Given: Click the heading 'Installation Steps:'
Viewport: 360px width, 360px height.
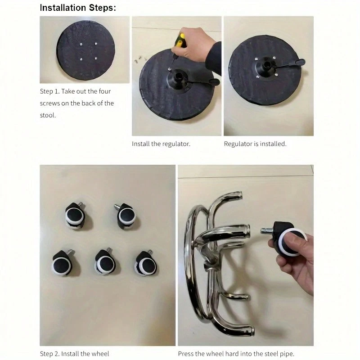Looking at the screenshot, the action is coord(78,8).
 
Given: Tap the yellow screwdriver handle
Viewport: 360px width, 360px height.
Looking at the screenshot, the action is coord(180,40).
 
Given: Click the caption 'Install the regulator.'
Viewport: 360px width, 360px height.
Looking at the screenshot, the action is coord(161,144).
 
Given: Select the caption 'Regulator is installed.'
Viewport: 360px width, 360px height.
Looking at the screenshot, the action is coord(255,144).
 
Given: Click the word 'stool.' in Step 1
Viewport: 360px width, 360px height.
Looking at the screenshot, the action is coord(48,115).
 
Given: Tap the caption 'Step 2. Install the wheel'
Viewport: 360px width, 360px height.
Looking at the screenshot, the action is coord(74,354).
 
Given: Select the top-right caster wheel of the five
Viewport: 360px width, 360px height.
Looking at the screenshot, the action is coord(126,216).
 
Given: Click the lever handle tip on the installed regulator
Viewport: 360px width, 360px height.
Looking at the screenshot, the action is coord(300,62).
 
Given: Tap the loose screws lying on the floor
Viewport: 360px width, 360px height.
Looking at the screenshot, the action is coord(139,60).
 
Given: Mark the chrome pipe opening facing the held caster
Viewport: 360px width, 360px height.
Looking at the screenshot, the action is coord(247,231).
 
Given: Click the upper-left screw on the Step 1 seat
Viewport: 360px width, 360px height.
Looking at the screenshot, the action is coord(81,44).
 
